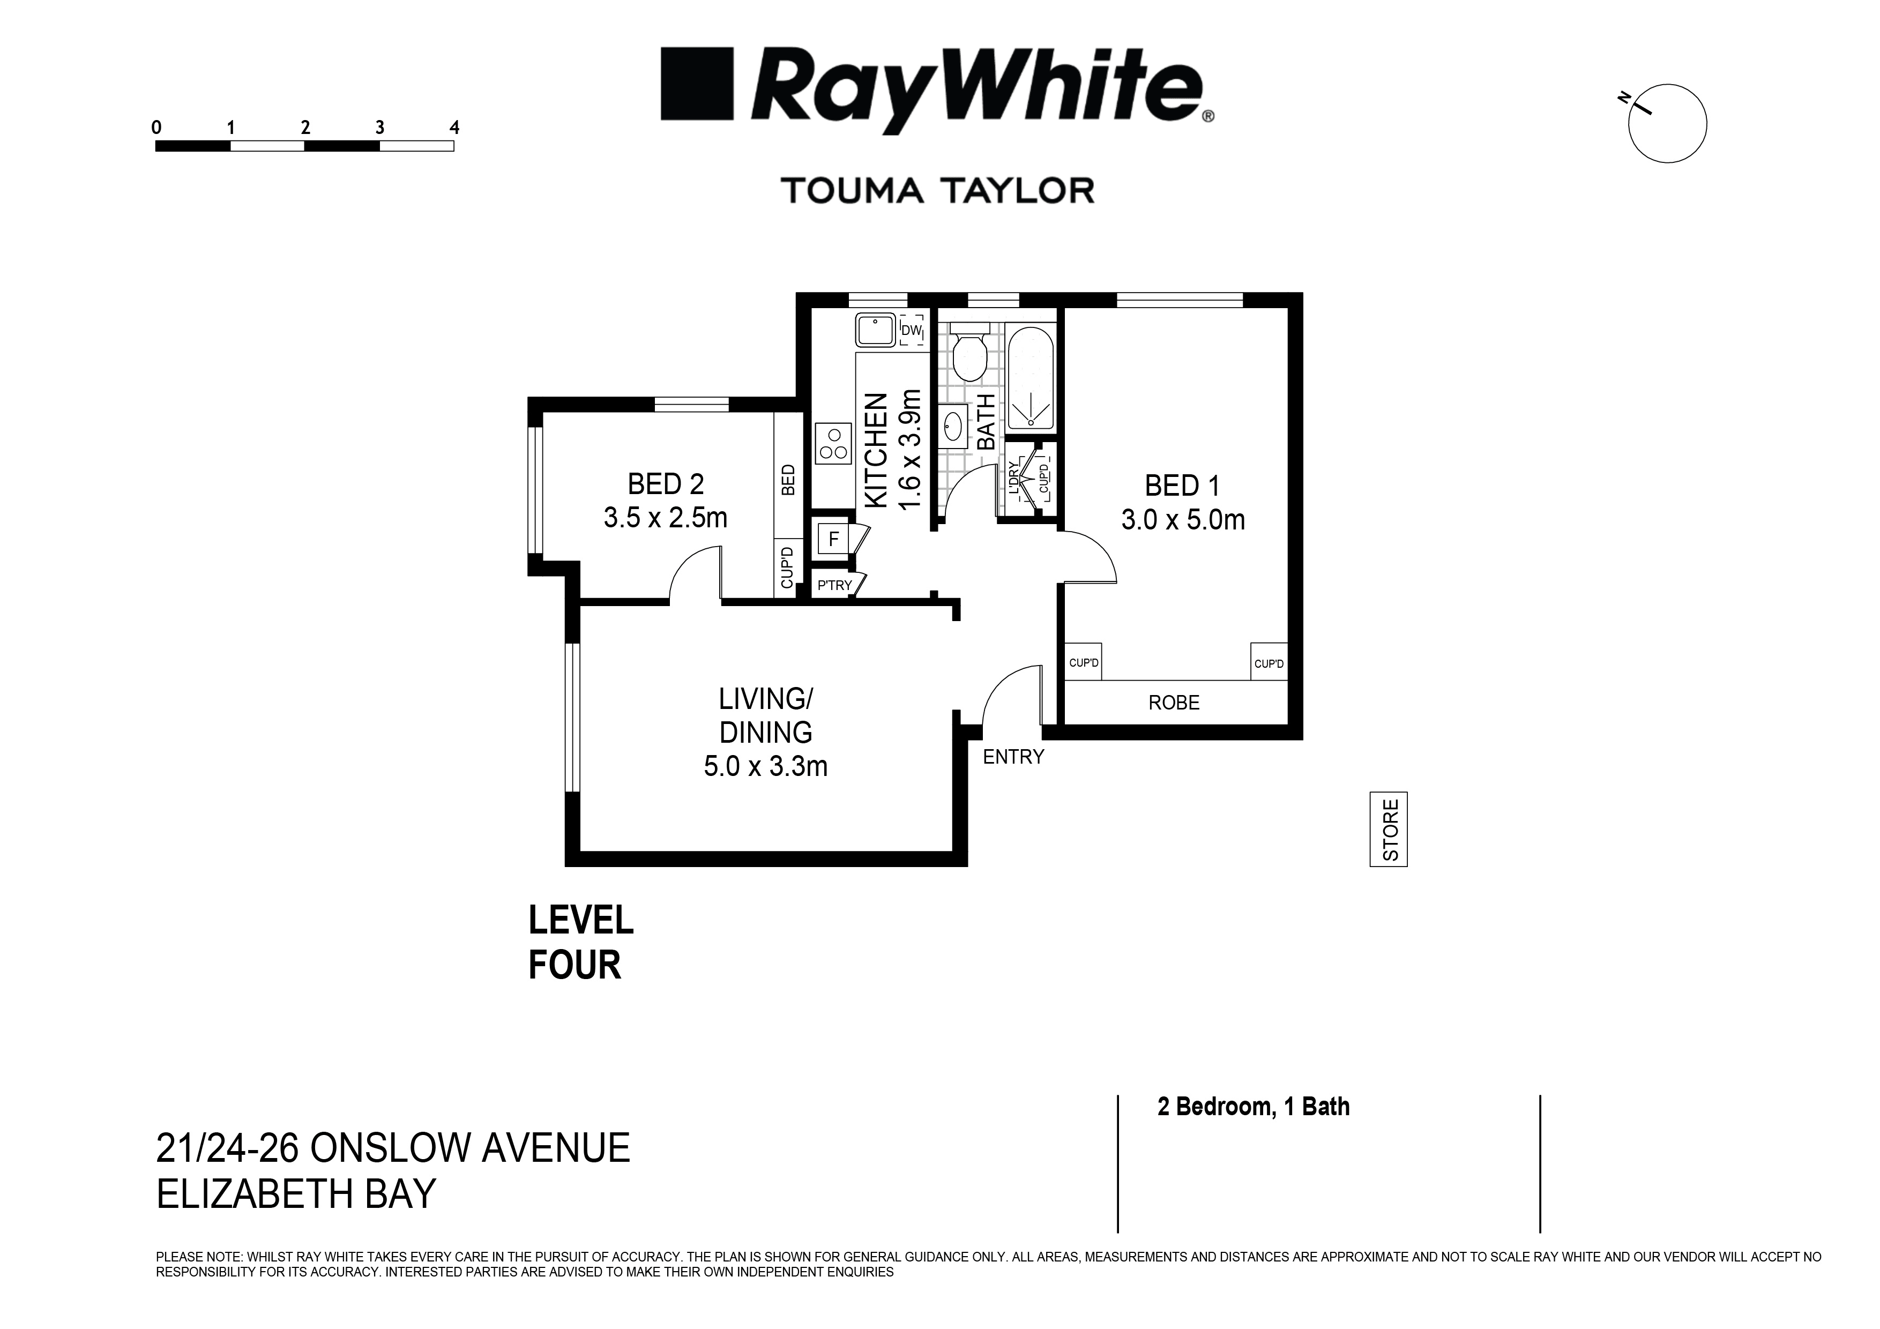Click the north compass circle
click(1667, 124)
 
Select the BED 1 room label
click(1182, 486)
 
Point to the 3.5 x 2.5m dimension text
click(665, 518)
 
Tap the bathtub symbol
click(1032, 378)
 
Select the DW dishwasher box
click(912, 331)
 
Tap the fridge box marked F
click(833, 539)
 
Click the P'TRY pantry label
click(834, 586)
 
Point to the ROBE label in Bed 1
click(1173, 703)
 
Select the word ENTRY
click(1013, 757)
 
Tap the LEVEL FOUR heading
click(580, 943)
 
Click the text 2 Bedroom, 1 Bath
click(1253, 1107)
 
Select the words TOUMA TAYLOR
click(937, 191)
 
